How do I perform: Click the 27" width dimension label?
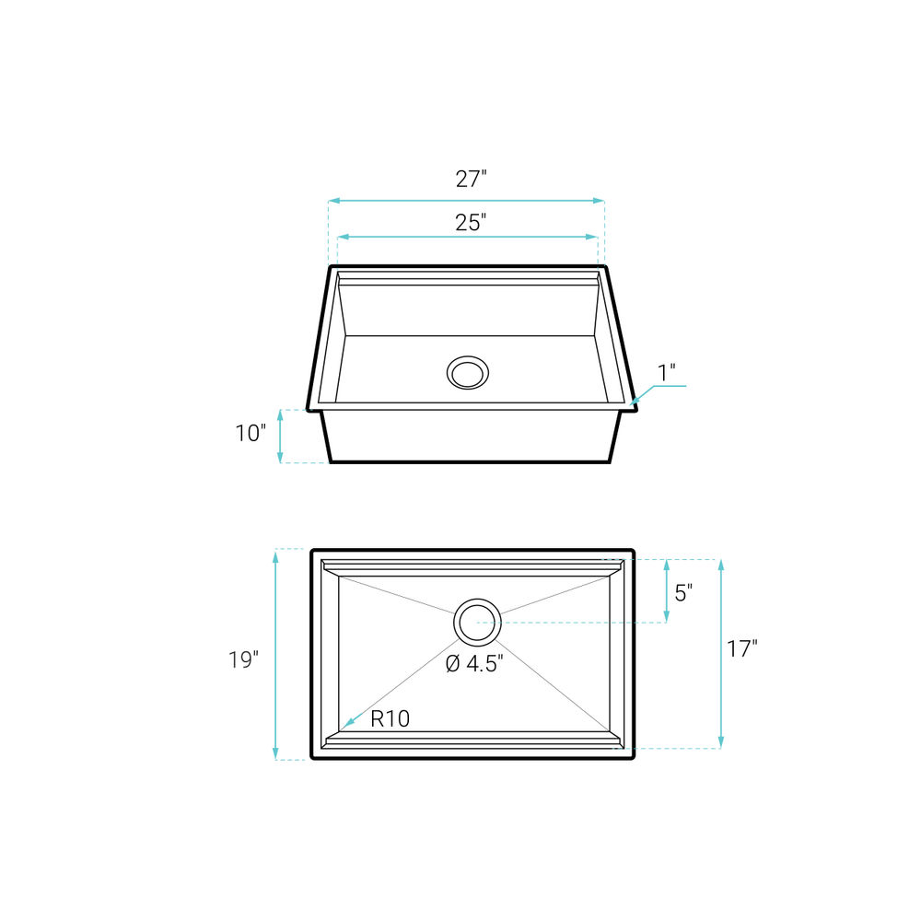(471, 179)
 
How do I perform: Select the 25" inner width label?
(471, 223)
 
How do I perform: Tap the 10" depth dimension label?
(251, 434)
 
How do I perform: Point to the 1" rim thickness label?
(666, 372)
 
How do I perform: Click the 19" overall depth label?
(244, 659)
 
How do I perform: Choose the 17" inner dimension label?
(742, 649)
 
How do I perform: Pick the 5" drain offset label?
(683, 593)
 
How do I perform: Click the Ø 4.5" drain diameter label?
(474, 664)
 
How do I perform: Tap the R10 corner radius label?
(390, 718)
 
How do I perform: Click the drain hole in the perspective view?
(468, 372)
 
